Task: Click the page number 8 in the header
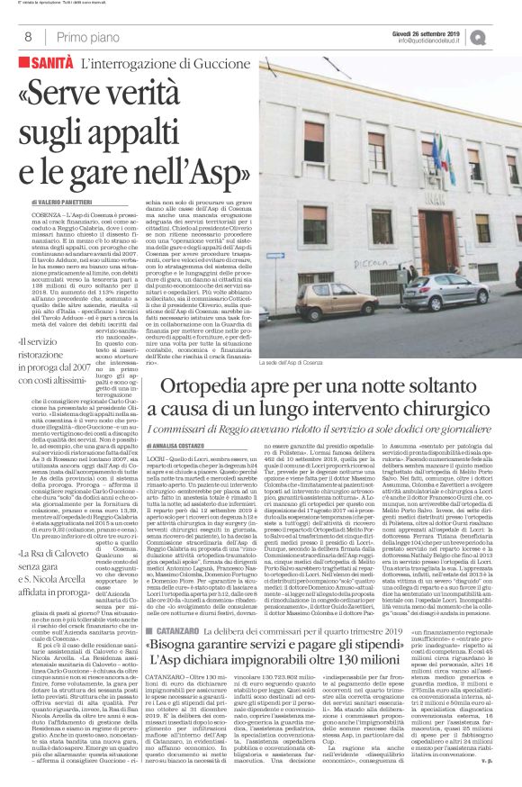click(27, 37)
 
